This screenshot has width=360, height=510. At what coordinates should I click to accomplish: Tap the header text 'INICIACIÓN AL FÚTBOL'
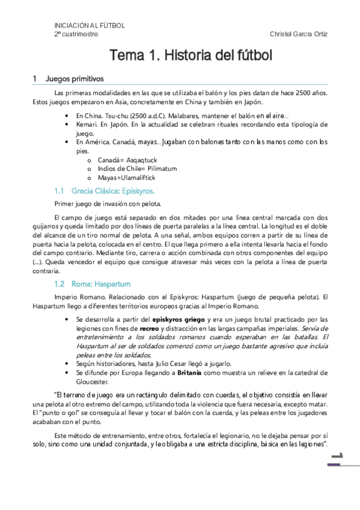click(x=90, y=26)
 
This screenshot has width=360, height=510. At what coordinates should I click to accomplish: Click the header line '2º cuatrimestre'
click(x=76, y=34)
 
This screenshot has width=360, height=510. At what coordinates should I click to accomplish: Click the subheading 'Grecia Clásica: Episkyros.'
click(x=113, y=191)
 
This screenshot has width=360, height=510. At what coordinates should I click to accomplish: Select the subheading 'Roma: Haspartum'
click(x=101, y=283)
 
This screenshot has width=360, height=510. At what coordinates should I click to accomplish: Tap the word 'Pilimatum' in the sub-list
click(x=158, y=169)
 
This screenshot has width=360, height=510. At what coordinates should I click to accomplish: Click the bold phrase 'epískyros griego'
click(x=179, y=319)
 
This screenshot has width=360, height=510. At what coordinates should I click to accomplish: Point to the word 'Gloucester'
click(x=95, y=382)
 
